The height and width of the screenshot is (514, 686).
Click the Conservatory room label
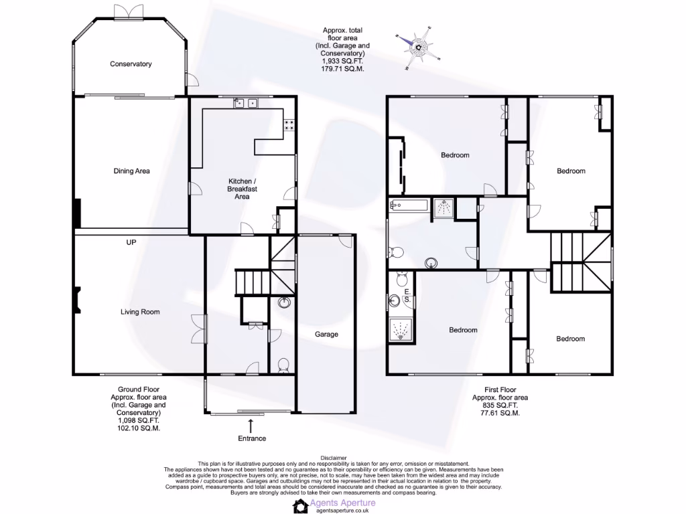click(x=131, y=64)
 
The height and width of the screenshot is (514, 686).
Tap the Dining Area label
click(x=131, y=171)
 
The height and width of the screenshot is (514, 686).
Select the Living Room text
click(x=140, y=312)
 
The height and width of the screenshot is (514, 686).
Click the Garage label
click(x=327, y=335)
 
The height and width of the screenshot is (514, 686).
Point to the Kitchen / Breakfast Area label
click(x=242, y=189)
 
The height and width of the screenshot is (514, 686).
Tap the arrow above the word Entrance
click(x=251, y=425)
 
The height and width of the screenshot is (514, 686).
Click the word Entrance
click(x=251, y=438)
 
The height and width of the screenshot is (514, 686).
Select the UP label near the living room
click(x=131, y=242)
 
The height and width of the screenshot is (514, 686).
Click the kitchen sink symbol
click(x=245, y=103)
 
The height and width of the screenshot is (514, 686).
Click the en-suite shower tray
click(x=402, y=330)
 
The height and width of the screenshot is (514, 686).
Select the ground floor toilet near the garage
click(x=283, y=365)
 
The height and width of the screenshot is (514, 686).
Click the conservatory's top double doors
click(x=127, y=11)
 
